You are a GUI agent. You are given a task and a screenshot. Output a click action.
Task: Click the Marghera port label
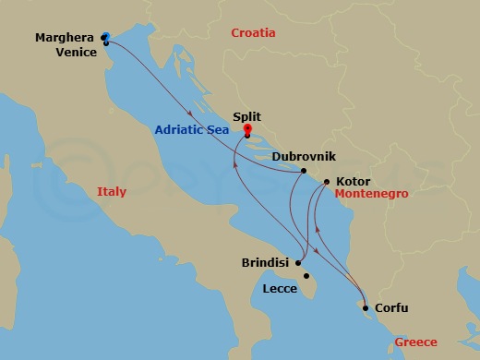coord(64,38)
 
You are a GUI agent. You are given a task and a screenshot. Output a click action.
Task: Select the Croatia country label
coord(254,33)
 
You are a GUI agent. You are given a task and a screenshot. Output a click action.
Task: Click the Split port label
coord(247,117)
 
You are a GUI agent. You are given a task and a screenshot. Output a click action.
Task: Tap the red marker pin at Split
coord(247,131)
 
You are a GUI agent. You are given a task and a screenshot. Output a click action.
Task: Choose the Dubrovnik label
coord(304,156)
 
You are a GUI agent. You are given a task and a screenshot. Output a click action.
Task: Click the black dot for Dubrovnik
coord(304,171)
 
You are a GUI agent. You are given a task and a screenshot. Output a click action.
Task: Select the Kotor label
coord(355,182)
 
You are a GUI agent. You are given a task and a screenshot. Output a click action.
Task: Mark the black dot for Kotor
coord(328,183)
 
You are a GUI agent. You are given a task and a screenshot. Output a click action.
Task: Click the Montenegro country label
coord(371,196)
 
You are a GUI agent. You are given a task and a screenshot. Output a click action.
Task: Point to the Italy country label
coord(111,192)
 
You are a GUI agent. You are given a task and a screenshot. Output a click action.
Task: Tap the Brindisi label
coord(265,262)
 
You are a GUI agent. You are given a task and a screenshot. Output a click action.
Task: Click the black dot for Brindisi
coord(297,262)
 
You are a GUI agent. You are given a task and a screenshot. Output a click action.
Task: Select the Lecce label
coord(279,288)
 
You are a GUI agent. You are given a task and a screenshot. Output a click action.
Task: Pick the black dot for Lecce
coord(306,275)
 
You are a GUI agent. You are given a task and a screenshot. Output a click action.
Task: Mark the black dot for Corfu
coord(366,308)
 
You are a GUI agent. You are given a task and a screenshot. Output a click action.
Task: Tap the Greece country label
coord(415,342)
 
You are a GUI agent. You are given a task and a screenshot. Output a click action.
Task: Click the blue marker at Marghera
coord(106,36)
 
